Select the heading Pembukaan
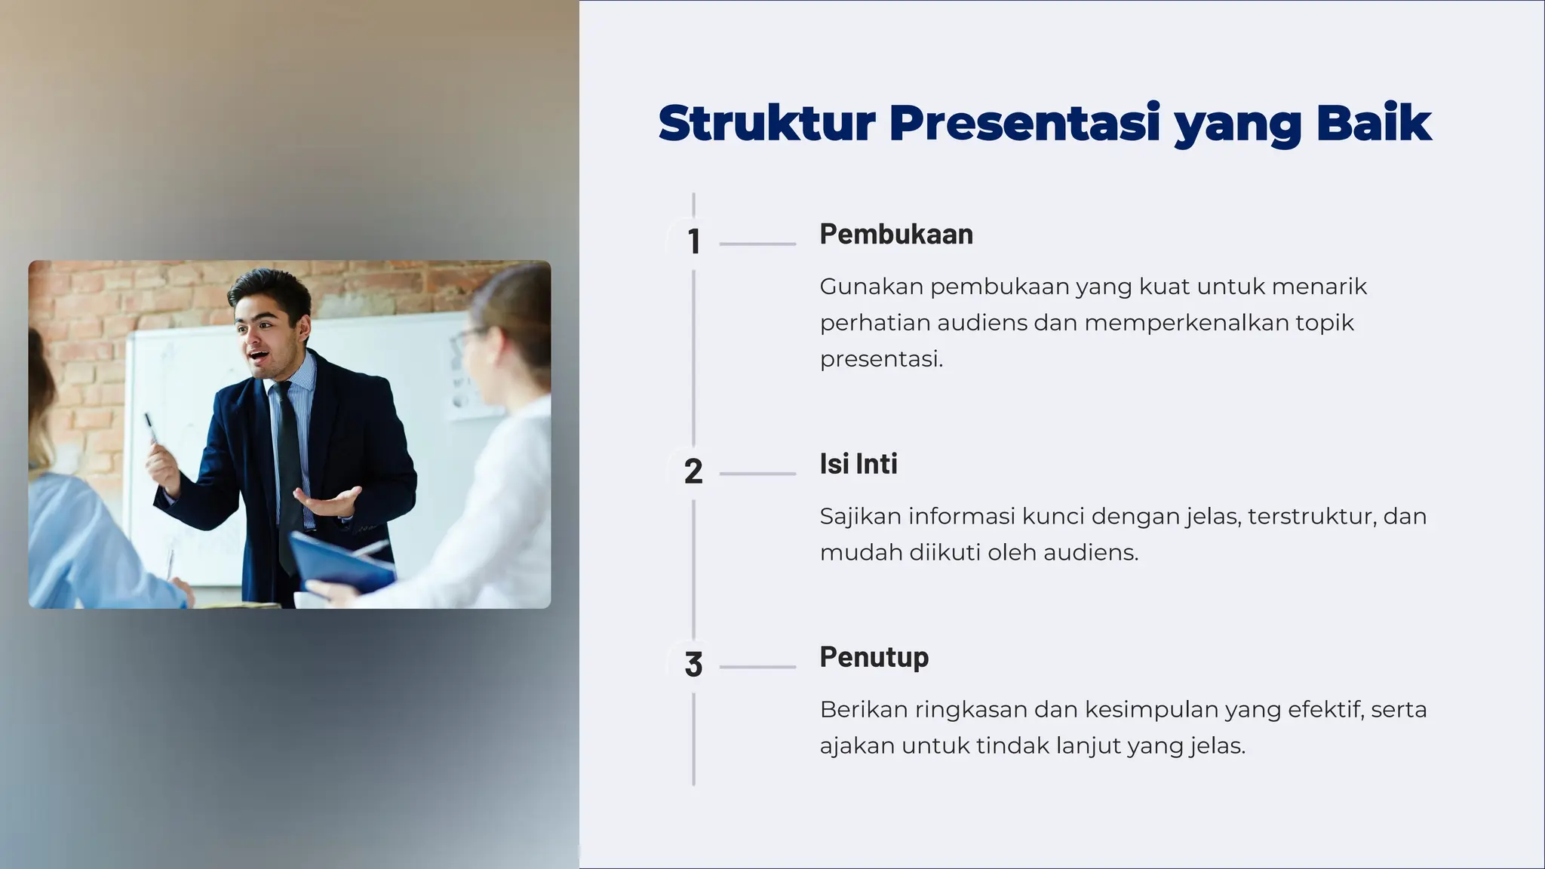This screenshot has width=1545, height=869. point(896,234)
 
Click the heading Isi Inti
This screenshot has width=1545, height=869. point(859,464)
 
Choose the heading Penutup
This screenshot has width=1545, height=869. point(874,657)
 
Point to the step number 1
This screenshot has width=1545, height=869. point(694,241)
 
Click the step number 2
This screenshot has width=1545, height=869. point(693,471)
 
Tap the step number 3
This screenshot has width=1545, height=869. point(693,665)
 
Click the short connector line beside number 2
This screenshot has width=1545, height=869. point(757,474)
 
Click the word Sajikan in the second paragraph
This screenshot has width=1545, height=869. point(860,517)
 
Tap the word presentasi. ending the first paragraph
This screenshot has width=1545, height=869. point(881,359)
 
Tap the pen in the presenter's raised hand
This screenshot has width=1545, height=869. point(150,426)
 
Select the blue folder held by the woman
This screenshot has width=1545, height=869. point(339,562)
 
